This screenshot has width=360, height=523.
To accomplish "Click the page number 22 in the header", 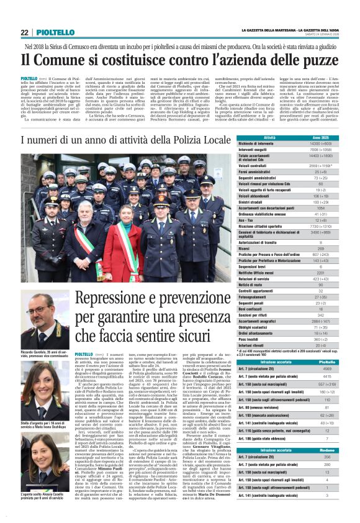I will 24,32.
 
